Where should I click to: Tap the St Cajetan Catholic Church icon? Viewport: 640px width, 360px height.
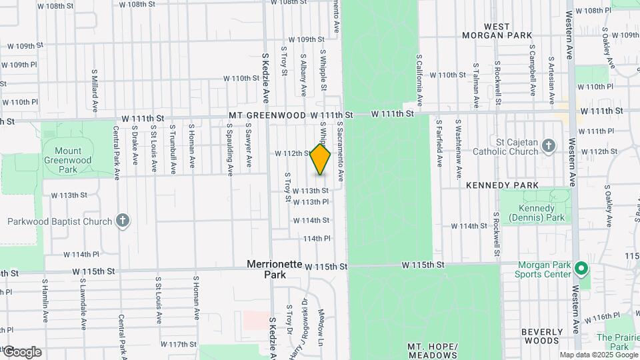548,145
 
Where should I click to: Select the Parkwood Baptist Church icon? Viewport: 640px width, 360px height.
122,221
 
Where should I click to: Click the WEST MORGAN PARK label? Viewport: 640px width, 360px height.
508,31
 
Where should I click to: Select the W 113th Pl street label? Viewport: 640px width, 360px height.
311,202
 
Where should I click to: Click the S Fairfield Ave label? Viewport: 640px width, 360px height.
438,143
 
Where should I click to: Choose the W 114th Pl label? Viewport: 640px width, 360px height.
81,254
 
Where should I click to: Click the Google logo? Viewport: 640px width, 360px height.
21,352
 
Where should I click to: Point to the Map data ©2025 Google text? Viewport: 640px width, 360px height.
597,355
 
